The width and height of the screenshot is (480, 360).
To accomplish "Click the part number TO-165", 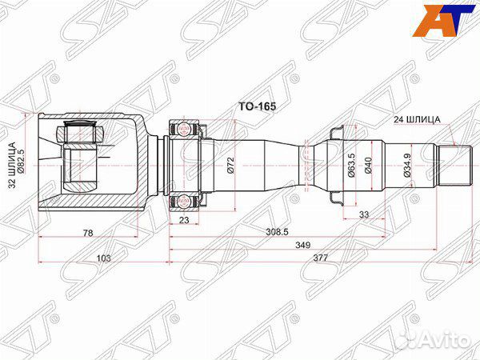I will tap(253, 104).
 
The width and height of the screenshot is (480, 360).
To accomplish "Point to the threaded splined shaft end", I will tap(455, 165).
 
